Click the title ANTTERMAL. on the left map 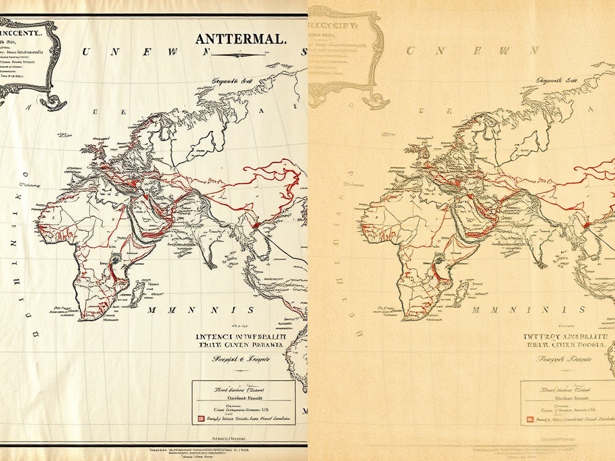(x=240, y=39)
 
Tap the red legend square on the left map (x=195, y=418)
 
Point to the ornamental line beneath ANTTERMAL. (x=240, y=53)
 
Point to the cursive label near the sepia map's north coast (x=556, y=80)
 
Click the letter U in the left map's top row (x=85, y=52)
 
